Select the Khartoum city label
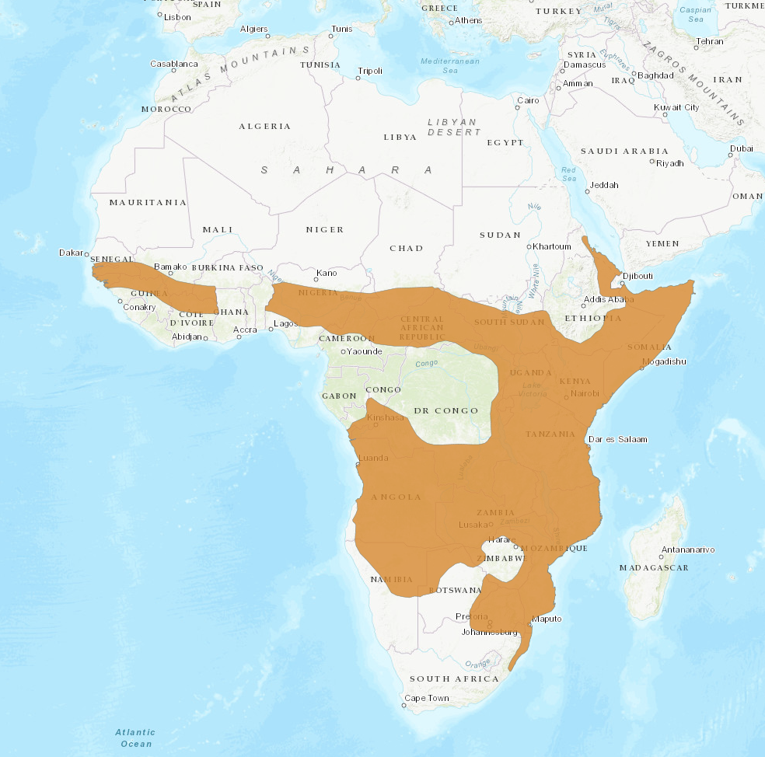[553, 246]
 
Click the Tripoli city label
[370, 71]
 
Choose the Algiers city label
[253, 29]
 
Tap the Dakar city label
[71, 253]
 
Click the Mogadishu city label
[663, 361]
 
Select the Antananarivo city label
[687, 549]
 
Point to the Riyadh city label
[670, 163]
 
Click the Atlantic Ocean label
[135, 738]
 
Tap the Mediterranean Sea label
[450, 65]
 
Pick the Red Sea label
[569, 173]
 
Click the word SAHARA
[347, 169]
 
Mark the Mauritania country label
[148, 202]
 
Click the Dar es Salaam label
[618, 439]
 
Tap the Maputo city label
[546, 619]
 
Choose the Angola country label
[396, 497]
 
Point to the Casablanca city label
[174, 64]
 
